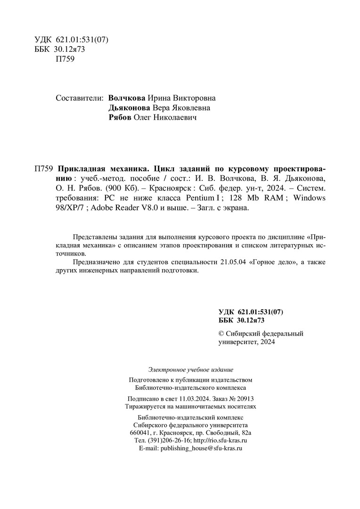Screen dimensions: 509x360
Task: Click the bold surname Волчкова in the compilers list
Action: [x=127, y=99]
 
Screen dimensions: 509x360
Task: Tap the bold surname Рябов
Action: [x=120, y=118]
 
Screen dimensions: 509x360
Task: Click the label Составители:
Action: [x=79, y=99]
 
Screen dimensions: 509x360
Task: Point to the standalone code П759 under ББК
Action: [x=65, y=59]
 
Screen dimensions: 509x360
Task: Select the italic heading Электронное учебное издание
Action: [x=190, y=370]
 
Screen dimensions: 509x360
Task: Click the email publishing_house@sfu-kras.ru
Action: [x=201, y=448]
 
